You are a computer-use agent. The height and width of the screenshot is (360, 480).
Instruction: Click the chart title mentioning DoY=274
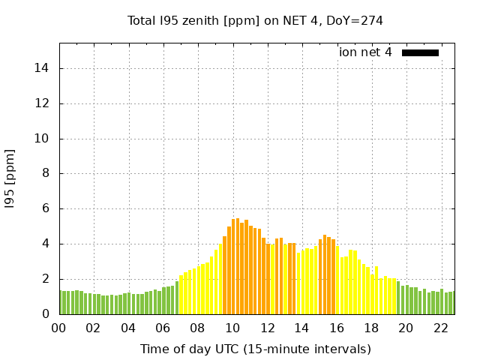tap(255, 20)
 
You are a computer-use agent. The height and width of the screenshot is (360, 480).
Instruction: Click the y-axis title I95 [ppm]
tap(10, 178)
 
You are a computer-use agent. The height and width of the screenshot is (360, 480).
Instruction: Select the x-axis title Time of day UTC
tap(255, 349)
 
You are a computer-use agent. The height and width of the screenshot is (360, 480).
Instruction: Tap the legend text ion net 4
tap(365, 52)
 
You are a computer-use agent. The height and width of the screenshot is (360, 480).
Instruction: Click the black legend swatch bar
tap(420, 52)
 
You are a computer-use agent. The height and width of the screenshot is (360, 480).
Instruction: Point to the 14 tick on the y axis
tap(43, 68)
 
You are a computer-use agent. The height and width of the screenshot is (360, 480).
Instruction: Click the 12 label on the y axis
tap(43, 103)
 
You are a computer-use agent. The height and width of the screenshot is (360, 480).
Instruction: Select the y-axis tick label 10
tap(43, 139)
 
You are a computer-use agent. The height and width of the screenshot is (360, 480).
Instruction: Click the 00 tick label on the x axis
tap(59, 328)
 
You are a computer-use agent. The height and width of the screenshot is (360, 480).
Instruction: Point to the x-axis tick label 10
tap(232, 328)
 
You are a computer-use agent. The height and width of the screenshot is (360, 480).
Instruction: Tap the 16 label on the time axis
tap(337, 328)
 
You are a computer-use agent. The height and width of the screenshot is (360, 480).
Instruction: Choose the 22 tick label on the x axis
tap(441, 328)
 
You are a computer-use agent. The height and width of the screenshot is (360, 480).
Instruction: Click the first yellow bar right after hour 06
tap(181, 295)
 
